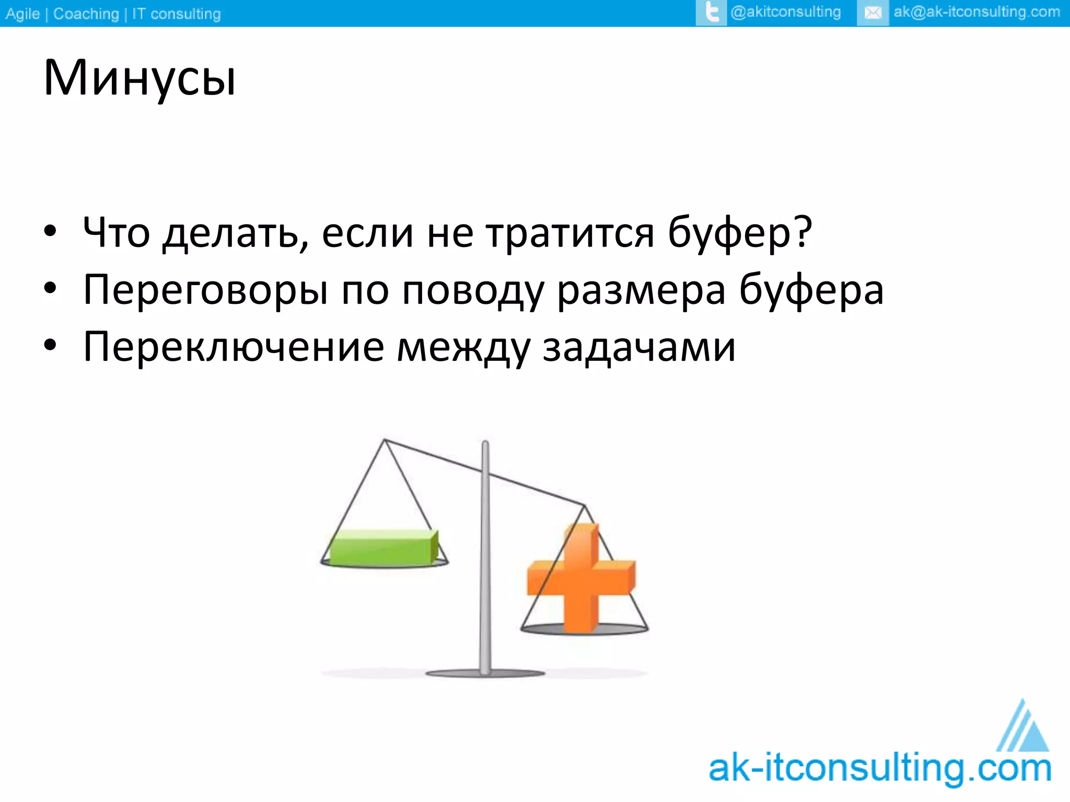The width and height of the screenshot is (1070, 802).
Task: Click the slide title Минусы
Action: [139, 78]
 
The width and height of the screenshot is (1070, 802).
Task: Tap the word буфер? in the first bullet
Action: [739, 232]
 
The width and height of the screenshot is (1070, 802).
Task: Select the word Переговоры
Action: [206, 290]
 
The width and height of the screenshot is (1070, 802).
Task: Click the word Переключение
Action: [234, 347]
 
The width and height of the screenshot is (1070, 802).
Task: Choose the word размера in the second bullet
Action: [641, 290]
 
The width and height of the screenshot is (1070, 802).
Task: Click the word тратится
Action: [570, 232]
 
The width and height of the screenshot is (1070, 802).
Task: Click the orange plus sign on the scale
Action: [581, 578]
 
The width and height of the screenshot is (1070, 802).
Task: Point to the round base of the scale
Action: [485, 674]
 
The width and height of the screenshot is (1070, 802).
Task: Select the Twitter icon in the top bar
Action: [711, 13]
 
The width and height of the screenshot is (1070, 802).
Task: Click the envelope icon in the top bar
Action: [873, 13]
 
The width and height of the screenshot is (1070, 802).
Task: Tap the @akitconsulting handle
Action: [785, 12]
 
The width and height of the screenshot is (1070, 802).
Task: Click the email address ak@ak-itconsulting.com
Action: [976, 12]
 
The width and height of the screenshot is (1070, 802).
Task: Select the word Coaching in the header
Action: [86, 14]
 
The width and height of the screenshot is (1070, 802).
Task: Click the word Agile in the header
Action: [22, 14]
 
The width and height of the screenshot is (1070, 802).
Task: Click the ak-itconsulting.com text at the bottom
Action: [880, 769]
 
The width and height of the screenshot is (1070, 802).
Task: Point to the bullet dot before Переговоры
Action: [50, 288]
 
